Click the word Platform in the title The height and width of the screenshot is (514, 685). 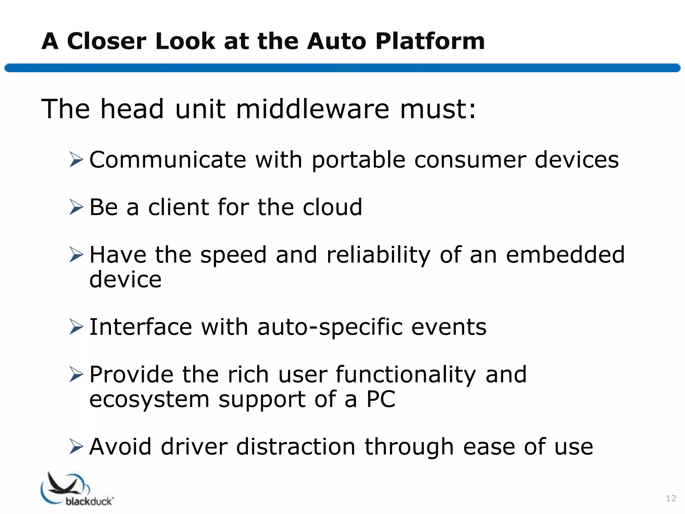click(x=430, y=42)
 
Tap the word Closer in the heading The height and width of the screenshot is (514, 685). click(x=107, y=41)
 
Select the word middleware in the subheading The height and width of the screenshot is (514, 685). click(x=313, y=109)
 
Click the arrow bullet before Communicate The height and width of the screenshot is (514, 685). click(x=76, y=159)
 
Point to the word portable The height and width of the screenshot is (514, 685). click(x=359, y=160)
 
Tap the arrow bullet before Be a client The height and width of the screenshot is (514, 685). click(x=76, y=207)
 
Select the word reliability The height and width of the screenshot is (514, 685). click(x=378, y=255)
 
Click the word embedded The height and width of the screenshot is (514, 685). click(x=565, y=255)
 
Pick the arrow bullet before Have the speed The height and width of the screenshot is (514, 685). click(x=76, y=255)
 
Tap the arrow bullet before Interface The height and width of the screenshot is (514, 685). click(x=76, y=327)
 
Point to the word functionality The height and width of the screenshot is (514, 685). click(x=405, y=375)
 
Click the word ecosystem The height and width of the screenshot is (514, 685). click(x=149, y=400)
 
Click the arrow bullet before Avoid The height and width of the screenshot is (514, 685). click(x=76, y=447)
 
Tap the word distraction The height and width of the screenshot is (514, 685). click(x=296, y=447)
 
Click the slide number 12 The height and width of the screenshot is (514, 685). click(x=671, y=498)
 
